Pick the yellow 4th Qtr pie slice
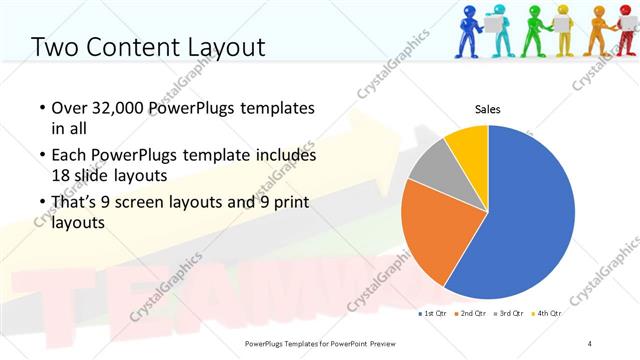468,144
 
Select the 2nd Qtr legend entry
472,314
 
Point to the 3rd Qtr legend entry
511,314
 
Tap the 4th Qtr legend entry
549,314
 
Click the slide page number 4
590,344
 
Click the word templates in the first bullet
278,107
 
